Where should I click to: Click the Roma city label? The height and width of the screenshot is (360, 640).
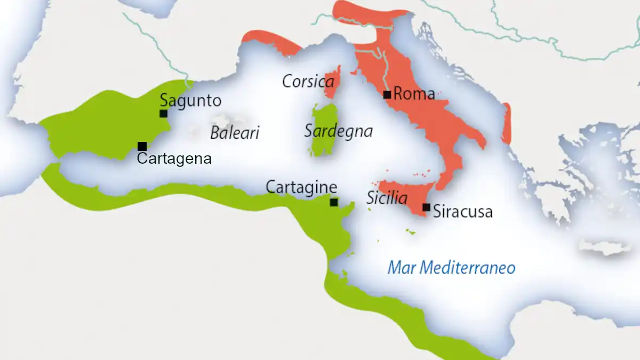coord(414,94)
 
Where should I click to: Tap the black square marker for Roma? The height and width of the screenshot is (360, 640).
coord(387,95)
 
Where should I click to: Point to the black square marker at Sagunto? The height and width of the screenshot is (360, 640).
coord(163,113)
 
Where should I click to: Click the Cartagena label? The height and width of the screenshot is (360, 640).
coord(174,158)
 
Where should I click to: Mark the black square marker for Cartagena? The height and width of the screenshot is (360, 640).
coord(142,146)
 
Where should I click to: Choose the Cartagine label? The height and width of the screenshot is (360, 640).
coord(301,188)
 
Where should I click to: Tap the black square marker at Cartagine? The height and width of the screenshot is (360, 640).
coord(334,202)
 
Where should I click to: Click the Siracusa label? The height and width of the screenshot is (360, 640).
coord(463,212)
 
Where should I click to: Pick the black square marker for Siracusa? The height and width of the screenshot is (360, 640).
coord(426,207)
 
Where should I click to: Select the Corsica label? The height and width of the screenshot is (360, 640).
coord(308,82)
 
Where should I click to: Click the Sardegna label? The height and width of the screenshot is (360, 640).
coord(338,131)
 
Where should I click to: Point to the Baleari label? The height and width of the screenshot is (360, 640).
coord(235,133)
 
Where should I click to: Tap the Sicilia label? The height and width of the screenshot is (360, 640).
coord(387,199)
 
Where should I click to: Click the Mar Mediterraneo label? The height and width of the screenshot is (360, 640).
coord(451,267)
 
